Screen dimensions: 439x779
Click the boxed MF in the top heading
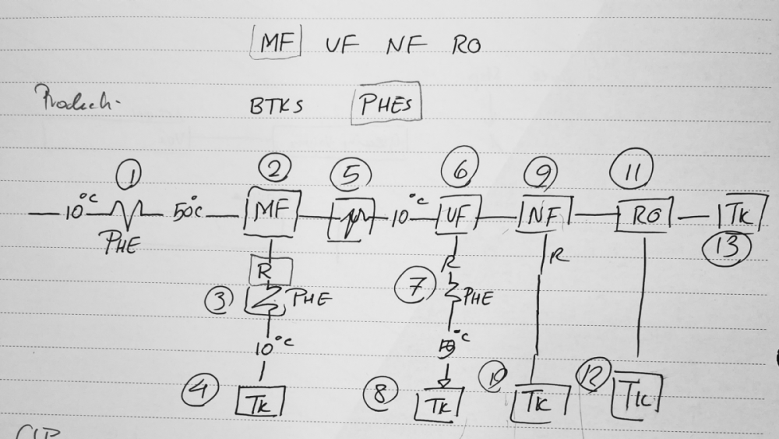(276, 43)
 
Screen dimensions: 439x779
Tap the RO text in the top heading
(466, 45)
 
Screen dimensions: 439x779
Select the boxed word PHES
(386, 105)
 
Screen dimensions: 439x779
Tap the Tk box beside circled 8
(436, 403)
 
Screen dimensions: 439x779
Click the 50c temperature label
(189, 211)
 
